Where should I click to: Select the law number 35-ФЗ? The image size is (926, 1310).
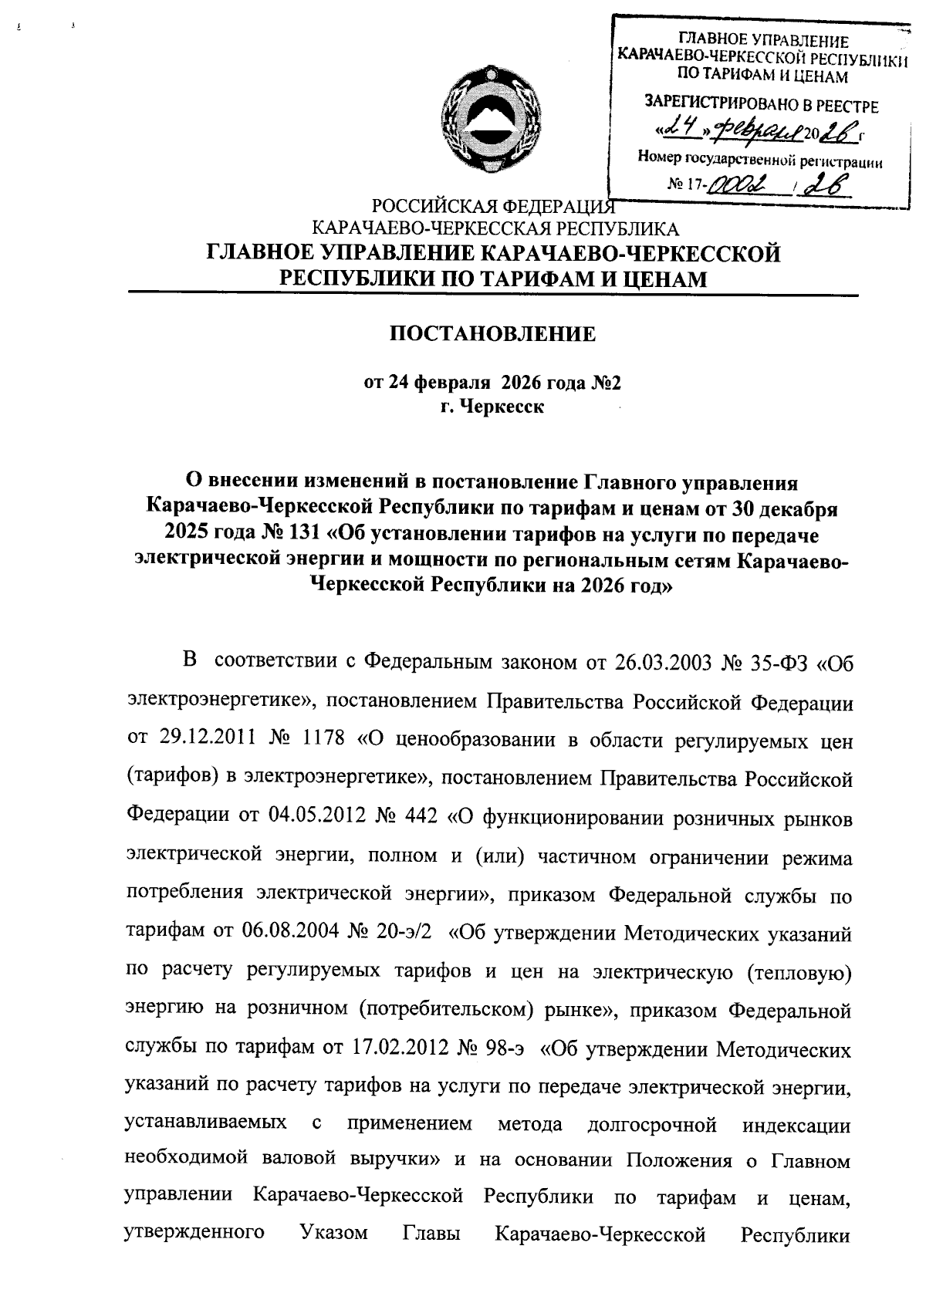pyautogui.click(x=779, y=663)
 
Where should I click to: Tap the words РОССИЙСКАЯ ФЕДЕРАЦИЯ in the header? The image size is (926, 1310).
pyautogui.click(x=493, y=208)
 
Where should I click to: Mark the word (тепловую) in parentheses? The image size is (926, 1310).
pyautogui.click(x=799, y=973)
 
